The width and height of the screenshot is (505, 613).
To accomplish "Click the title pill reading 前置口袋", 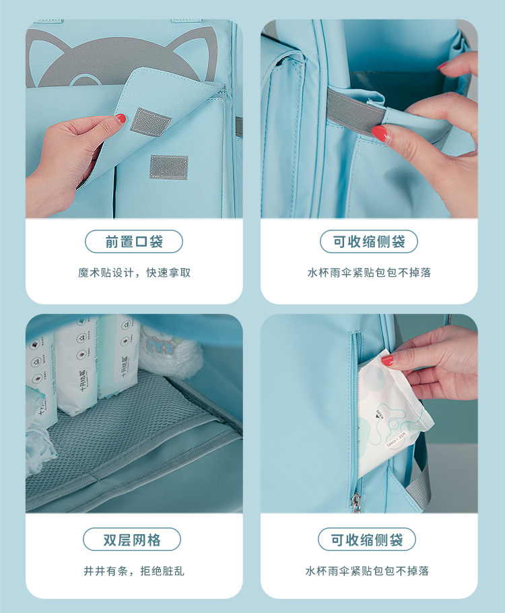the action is click(134, 242).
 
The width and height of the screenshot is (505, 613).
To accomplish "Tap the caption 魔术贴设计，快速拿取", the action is click(135, 273).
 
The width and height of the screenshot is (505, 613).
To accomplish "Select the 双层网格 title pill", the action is click(132, 540).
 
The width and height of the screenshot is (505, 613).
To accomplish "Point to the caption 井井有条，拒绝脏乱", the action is click(134, 571).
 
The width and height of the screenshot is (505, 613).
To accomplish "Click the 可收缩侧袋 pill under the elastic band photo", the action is click(368, 242).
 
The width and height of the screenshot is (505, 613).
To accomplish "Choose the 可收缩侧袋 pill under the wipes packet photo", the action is click(367, 540).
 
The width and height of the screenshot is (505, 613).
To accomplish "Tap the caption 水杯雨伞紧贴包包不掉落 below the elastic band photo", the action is click(369, 273).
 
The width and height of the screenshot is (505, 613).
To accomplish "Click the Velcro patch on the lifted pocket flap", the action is click(150, 122).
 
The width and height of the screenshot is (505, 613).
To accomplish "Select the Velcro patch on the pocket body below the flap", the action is click(169, 168).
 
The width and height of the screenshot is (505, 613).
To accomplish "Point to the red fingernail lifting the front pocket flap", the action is click(121, 118).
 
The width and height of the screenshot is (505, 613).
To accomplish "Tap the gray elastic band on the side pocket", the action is click(356, 110).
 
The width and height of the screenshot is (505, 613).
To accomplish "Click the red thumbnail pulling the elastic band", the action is click(378, 133).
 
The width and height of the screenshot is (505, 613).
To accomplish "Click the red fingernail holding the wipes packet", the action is click(387, 360).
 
